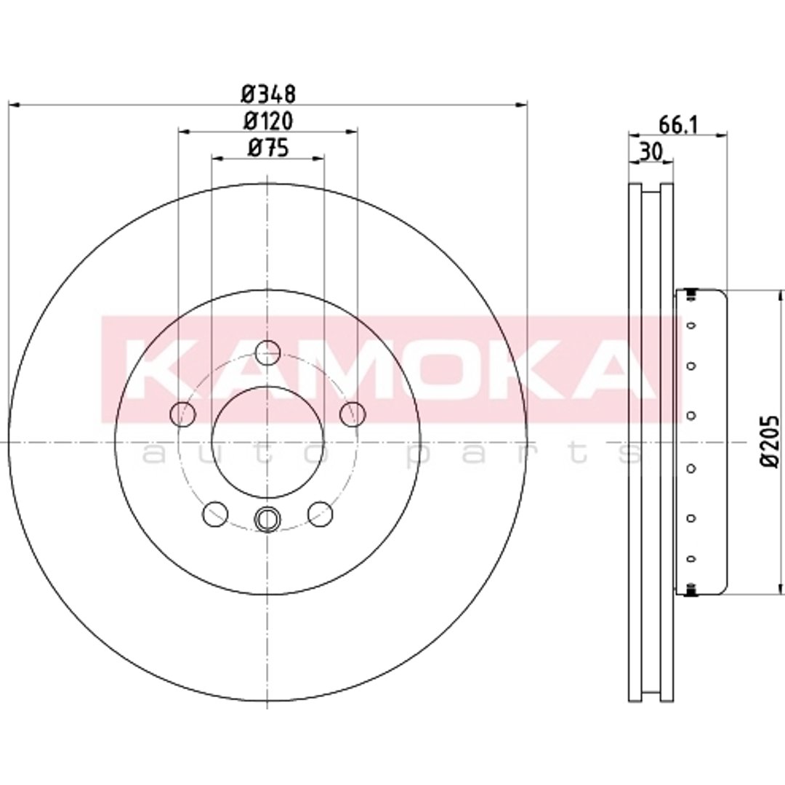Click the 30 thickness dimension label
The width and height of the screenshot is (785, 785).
click(x=651, y=151)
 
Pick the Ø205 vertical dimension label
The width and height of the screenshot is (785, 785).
click(x=770, y=441)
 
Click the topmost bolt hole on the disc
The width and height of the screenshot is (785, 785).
click(x=267, y=353)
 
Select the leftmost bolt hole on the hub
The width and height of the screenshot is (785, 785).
click(x=182, y=414)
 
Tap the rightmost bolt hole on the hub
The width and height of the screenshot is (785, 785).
click(x=353, y=414)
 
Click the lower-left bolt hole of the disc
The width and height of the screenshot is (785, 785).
click(x=215, y=514)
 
